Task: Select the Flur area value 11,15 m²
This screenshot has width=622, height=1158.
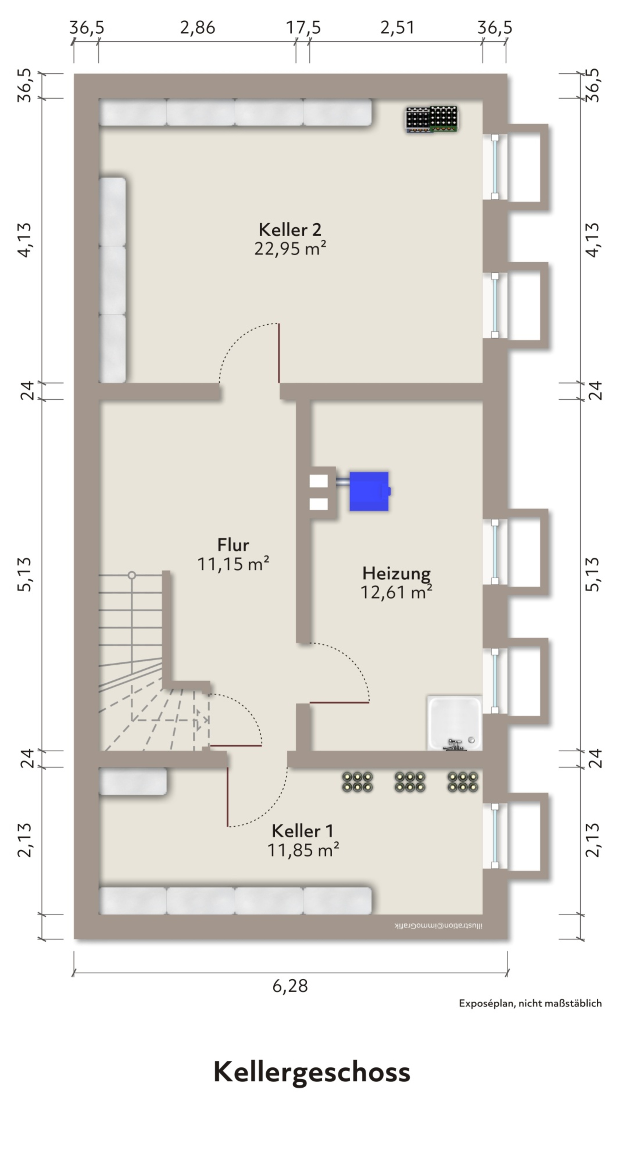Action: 233,564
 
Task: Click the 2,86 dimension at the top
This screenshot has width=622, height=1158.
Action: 197,28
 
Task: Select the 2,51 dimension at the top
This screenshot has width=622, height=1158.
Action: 397,28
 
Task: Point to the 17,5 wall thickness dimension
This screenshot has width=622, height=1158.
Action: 303,28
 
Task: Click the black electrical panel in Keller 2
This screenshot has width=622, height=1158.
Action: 432,120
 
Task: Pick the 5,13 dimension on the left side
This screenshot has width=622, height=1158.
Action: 25,574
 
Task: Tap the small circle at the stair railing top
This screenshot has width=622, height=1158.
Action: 132,575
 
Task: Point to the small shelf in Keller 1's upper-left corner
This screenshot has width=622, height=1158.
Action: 133,781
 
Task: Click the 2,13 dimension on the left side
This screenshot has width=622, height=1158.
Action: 25,840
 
